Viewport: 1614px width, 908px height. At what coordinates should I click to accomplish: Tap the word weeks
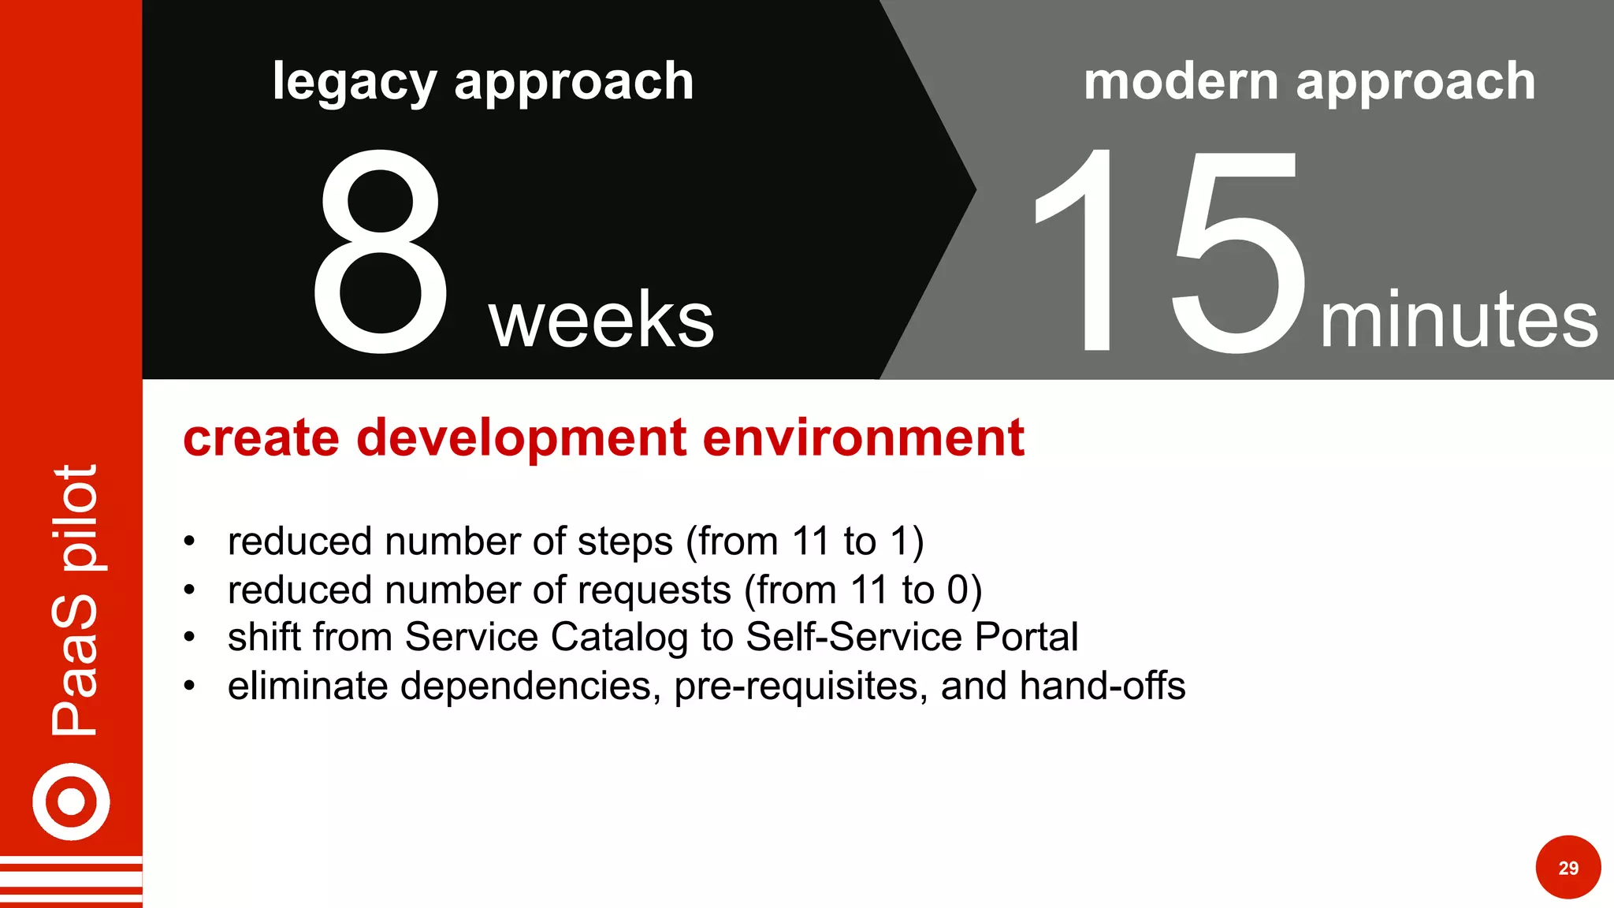pyautogui.click(x=601, y=319)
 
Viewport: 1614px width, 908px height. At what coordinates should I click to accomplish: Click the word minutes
pyautogui.click(x=1459, y=319)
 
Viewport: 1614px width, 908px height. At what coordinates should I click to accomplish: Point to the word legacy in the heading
pyautogui.click(x=354, y=83)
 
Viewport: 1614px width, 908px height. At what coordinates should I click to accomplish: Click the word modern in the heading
pyautogui.click(x=1181, y=81)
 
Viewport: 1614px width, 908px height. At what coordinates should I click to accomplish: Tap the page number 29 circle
pyautogui.click(x=1568, y=868)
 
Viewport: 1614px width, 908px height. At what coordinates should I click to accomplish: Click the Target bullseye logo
pyautogui.click(x=71, y=802)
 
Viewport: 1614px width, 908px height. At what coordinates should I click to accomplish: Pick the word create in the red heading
pyautogui.click(x=262, y=438)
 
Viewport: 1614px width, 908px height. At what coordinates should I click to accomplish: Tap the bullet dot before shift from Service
pyautogui.click(x=189, y=638)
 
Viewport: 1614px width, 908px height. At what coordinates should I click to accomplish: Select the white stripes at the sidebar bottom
pyautogui.click(x=71, y=881)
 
